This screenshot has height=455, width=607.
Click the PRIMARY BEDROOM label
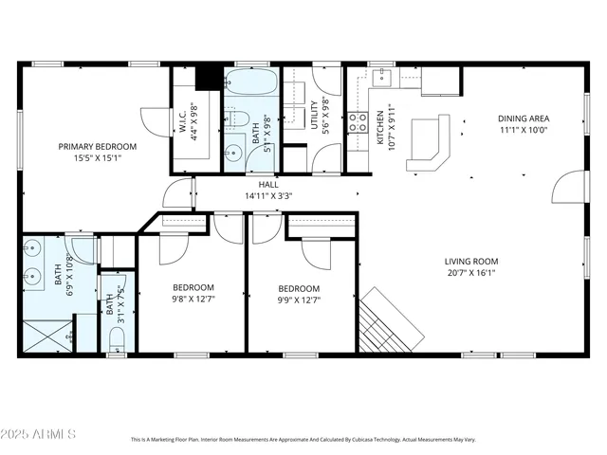[97, 147]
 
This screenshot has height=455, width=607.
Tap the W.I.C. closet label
[181, 122]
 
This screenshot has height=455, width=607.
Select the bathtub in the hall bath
[252, 85]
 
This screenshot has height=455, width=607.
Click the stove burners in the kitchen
[359, 121]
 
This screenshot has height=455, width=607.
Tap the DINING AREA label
[524, 118]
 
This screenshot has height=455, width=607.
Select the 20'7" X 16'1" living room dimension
[471, 273]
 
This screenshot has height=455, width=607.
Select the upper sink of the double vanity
[34, 249]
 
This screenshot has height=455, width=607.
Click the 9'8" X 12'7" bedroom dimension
[193, 300]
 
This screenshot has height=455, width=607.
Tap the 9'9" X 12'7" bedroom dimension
[299, 300]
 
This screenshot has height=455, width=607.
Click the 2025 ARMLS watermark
[39, 433]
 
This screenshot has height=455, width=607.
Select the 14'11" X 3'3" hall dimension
[268, 196]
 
